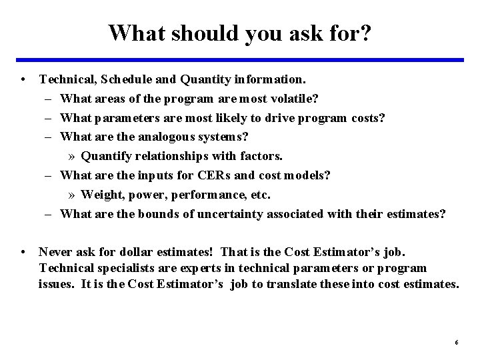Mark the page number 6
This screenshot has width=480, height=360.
click(x=456, y=342)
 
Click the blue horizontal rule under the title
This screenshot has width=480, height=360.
click(x=240, y=60)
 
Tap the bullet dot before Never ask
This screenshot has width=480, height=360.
click(x=23, y=252)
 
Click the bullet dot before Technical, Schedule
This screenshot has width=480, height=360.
click(x=23, y=79)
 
